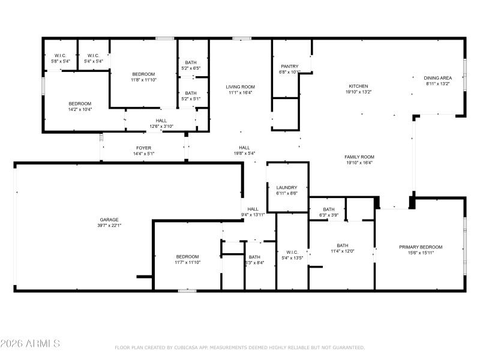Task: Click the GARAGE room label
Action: (109, 220)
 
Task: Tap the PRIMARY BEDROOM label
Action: (421, 247)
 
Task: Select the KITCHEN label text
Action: (359, 86)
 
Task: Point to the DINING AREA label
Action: (438, 78)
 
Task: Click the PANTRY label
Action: (290, 66)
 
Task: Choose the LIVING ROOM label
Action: (241, 86)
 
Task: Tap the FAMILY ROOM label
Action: (359, 157)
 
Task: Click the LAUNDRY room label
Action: (287, 188)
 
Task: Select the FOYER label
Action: (143, 148)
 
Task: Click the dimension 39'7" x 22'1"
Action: (109, 226)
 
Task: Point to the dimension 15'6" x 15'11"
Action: (421, 253)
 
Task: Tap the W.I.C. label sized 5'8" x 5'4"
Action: (60, 55)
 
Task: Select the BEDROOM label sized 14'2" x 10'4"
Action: (80, 104)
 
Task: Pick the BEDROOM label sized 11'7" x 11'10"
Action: (187, 257)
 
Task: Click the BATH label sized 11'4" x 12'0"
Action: (342, 245)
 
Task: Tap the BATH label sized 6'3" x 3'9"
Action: (329, 209)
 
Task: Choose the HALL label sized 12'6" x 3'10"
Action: (161, 120)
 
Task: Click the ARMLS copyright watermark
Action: (30, 344)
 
